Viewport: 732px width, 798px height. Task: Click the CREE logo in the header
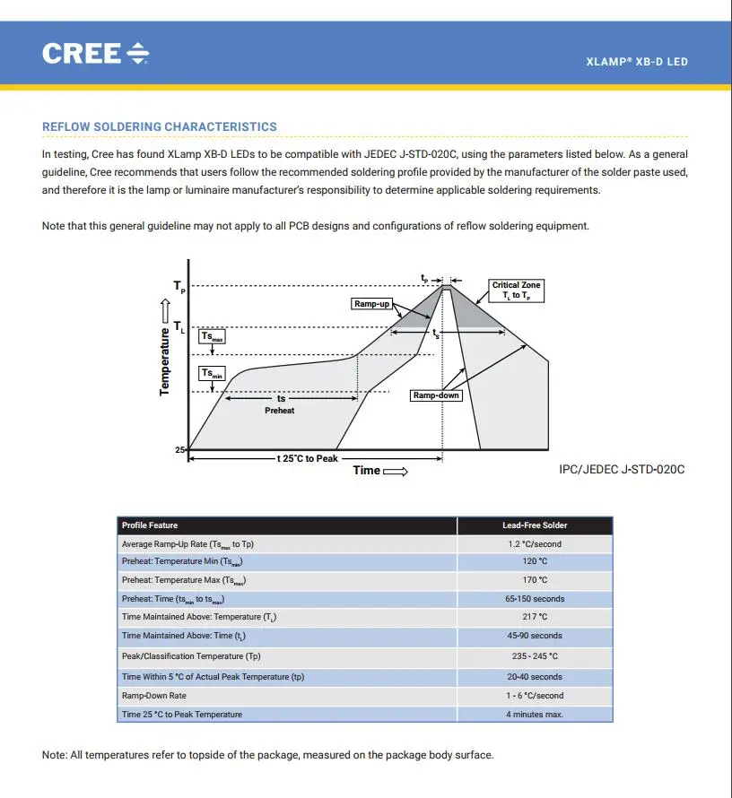tap(95, 54)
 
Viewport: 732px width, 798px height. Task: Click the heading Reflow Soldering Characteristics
tap(160, 127)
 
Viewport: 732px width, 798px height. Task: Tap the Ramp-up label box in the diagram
tap(371, 305)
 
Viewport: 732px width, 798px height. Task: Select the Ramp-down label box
tap(436, 395)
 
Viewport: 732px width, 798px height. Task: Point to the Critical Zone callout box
tap(517, 291)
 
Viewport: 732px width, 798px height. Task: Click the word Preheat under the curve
tap(280, 411)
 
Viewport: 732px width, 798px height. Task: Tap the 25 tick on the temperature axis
tap(179, 449)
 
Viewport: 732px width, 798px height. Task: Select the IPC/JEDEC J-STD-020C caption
tap(622, 470)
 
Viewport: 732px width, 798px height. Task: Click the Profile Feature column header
tap(150, 525)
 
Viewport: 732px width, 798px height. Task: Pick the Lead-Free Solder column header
tap(535, 525)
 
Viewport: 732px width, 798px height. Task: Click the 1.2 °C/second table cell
tap(535, 544)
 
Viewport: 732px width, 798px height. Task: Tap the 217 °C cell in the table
tap(535, 617)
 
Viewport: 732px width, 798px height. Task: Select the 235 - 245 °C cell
tap(535, 656)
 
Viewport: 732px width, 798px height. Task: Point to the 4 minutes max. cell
tap(535, 715)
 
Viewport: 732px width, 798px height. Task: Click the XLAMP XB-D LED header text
tap(636, 62)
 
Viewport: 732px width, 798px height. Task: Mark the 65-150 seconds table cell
tap(535, 599)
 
